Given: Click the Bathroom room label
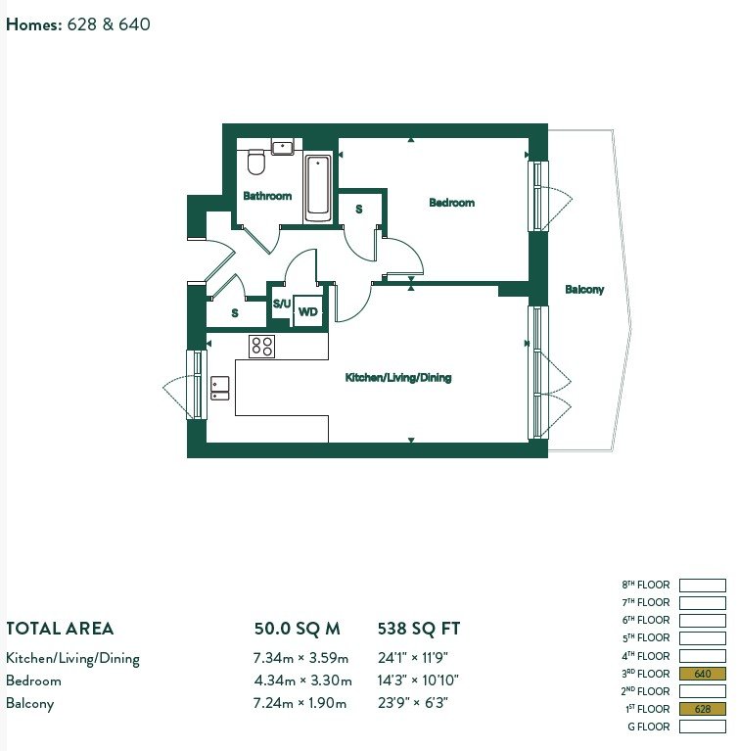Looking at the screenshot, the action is click(267, 196).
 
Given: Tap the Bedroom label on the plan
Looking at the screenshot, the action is click(451, 203).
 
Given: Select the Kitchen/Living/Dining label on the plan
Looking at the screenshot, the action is click(398, 377).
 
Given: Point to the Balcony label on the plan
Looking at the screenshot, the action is click(584, 289).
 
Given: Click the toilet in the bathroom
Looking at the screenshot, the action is click(256, 162).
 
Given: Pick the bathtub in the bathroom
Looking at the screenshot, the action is click(317, 188).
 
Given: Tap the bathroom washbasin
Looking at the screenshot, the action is click(283, 147).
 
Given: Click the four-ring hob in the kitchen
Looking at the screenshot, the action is click(262, 346).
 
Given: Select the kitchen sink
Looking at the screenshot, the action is click(220, 388).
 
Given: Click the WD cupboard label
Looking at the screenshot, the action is click(308, 312).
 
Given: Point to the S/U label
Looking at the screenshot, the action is click(282, 304).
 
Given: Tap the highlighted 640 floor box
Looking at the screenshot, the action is click(703, 674).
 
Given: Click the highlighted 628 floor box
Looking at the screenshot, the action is click(703, 709).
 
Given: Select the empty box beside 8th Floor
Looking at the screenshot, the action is click(703, 586).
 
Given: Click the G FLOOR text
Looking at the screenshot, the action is click(649, 727).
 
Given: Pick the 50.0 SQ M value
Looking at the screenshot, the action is click(297, 629).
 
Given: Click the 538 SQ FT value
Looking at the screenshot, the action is click(419, 629).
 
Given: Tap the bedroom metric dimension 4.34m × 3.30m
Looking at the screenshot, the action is click(302, 681).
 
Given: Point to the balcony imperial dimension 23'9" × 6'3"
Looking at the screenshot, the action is click(413, 703).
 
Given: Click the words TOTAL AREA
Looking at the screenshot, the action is click(60, 629).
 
